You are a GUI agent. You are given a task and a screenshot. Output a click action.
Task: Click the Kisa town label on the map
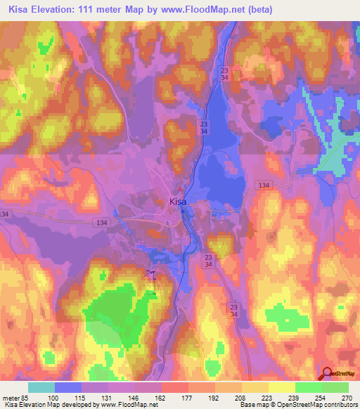(x=179, y=202)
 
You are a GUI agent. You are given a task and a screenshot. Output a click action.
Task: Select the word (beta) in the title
(x=258, y=10)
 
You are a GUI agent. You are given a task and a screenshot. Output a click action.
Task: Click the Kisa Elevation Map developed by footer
(x=49, y=405)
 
